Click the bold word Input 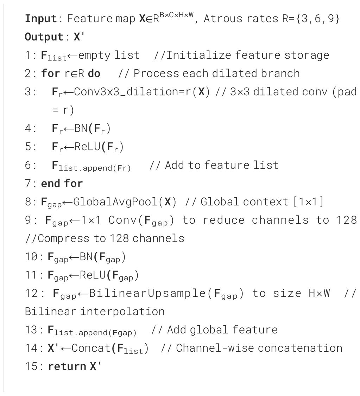click(40, 19)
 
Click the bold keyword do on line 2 click(94, 74)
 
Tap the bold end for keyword click(62, 184)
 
